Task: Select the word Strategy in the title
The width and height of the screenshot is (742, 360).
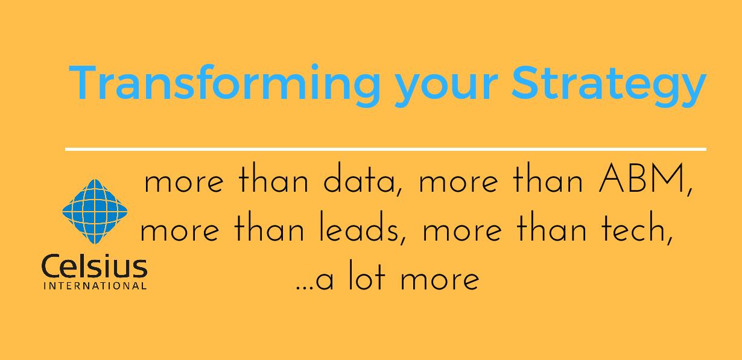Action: [x=609, y=86]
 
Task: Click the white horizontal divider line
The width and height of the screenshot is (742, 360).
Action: [x=385, y=150]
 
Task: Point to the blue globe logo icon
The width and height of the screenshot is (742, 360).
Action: [x=95, y=211]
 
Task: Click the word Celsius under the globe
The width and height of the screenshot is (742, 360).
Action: [x=94, y=266]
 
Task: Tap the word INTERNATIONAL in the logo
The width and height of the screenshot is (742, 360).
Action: [x=95, y=286]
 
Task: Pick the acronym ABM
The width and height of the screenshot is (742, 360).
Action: [x=641, y=178]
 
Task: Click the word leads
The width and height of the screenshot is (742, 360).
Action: [x=359, y=226]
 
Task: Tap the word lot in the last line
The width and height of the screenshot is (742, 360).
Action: [x=367, y=275]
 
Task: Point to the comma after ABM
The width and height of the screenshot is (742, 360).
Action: [x=690, y=192]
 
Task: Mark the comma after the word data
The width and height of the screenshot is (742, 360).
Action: [x=399, y=192]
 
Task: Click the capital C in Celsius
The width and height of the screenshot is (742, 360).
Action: [x=50, y=266]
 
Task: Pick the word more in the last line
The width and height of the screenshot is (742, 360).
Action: [x=440, y=280]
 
